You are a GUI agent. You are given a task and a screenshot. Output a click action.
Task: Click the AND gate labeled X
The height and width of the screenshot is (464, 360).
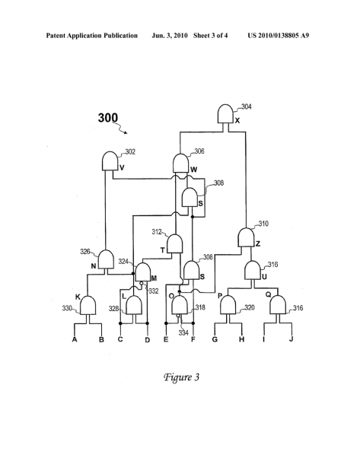click(x=225, y=113)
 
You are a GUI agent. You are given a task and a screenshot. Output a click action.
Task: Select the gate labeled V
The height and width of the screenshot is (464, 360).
click(x=110, y=161)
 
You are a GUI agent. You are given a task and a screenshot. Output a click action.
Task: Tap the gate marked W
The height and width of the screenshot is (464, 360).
click(x=180, y=163)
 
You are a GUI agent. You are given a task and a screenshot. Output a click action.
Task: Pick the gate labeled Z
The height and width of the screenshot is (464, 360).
click(x=246, y=237)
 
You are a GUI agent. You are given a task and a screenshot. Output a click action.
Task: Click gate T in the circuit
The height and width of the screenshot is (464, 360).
click(x=175, y=243)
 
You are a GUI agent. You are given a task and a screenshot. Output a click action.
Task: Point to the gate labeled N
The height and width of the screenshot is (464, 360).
click(x=106, y=259)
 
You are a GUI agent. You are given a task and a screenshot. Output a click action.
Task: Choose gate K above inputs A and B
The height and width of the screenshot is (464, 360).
click(x=88, y=305)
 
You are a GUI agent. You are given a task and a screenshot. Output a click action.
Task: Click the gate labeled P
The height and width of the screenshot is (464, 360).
click(x=228, y=304)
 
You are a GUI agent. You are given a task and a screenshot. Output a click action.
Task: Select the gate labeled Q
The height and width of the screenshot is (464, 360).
click(x=278, y=304)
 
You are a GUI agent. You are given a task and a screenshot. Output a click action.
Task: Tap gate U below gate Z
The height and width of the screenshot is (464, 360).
click(x=253, y=270)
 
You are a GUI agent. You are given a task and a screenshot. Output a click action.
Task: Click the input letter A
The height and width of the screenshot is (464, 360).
click(x=75, y=339)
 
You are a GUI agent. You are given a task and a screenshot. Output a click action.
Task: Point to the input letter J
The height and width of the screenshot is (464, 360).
click(x=291, y=338)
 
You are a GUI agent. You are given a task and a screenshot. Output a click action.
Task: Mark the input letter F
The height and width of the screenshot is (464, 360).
click(x=193, y=339)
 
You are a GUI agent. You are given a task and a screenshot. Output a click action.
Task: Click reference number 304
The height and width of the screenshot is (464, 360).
click(x=247, y=106)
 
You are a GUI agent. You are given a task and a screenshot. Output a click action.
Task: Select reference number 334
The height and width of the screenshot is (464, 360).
click(x=183, y=333)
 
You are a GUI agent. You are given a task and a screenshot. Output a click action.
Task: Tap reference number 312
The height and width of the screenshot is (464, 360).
click(x=157, y=232)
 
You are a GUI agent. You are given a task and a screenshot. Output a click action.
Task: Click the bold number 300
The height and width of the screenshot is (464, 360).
click(x=108, y=118)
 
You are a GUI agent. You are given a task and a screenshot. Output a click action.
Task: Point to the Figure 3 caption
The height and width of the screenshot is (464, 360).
click(x=181, y=377)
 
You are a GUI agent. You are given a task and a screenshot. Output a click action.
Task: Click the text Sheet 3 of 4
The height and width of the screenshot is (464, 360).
click(x=211, y=36)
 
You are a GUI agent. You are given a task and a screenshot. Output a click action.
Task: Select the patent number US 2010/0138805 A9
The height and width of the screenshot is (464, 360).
click(x=279, y=36)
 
